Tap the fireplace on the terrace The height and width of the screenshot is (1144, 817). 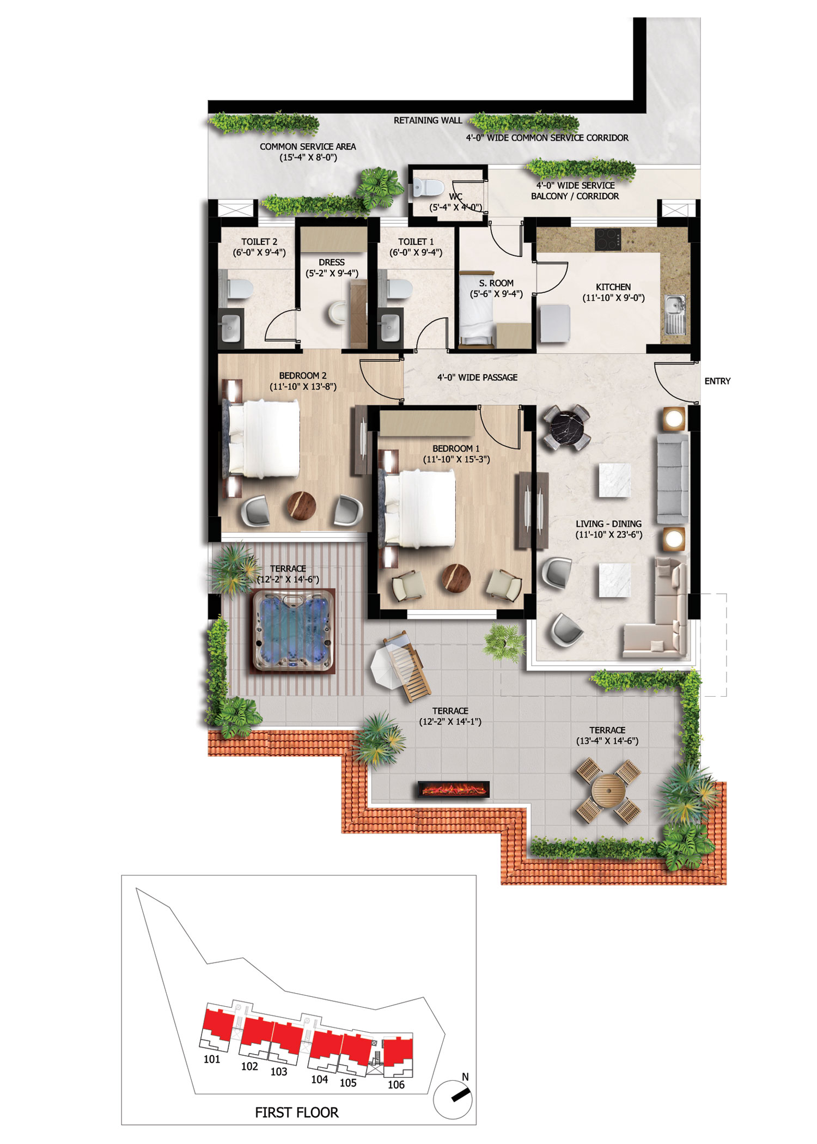pos(454,788)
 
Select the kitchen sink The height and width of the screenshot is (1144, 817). pos(675,314)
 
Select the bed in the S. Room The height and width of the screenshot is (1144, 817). pos(477,309)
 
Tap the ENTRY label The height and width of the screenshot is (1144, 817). pos(717,381)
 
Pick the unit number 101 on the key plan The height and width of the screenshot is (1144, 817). pos(211,1059)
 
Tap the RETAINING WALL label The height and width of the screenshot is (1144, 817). pos(428,120)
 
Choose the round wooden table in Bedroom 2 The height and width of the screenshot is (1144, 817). pos(301,506)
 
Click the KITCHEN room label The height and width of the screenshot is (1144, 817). pos(613,287)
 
